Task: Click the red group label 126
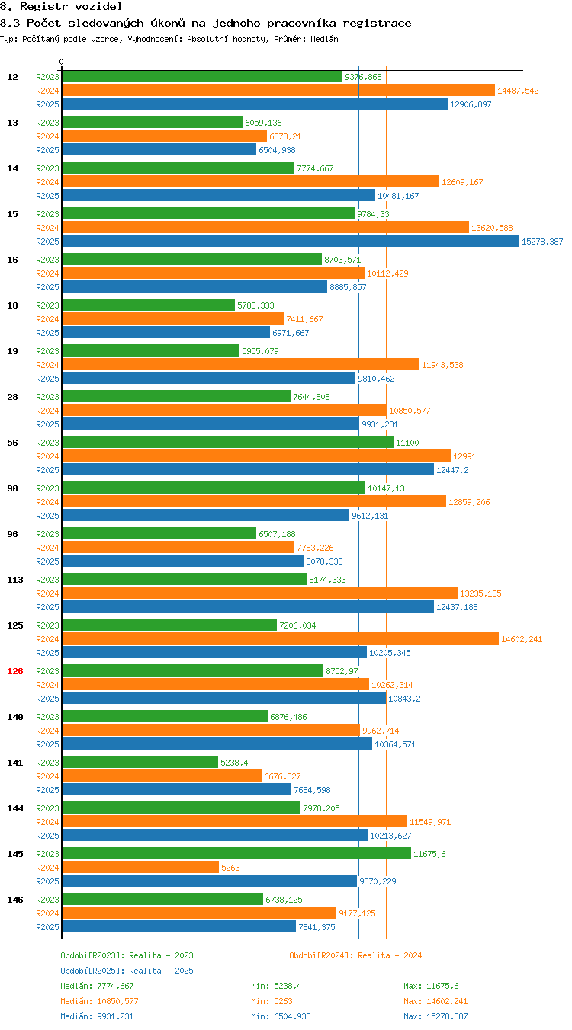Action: [14, 671]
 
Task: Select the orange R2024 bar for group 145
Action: [140, 867]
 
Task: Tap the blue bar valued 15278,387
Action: [291, 241]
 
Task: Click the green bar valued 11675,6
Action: [236, 853]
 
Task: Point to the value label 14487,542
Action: [518, 91]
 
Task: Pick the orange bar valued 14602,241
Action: [280, 638]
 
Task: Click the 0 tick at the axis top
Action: [61, 62]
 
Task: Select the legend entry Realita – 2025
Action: [127, 971]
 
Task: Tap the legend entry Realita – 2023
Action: [127, 955]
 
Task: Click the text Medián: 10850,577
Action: [99, 1000]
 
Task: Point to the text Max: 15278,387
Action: [435, 1016]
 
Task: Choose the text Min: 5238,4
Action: [276, 985]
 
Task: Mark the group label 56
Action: [12, 443]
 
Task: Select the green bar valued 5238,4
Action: [140, 762]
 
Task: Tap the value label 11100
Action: [407, 443]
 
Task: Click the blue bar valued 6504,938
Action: [159, 149]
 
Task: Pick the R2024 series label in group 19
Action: [47, 365]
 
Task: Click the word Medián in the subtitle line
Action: [324, 39]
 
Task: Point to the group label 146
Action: [14, 900]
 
